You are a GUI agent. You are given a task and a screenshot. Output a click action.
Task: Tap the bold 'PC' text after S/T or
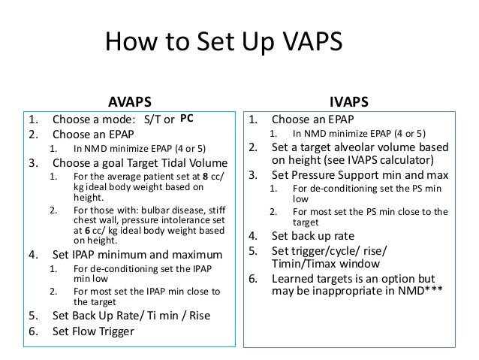(187, 118)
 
